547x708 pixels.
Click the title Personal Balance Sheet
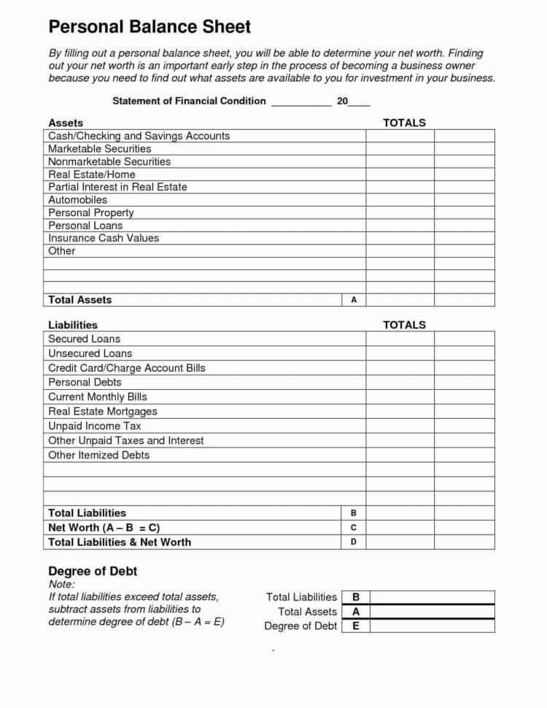150,28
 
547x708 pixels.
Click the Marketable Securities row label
100,149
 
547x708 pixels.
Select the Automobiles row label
77,200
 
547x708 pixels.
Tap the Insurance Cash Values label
103,238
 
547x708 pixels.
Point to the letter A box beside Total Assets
354,300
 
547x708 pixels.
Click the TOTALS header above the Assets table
404,123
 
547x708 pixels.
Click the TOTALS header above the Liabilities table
404,325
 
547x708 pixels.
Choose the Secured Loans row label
84,339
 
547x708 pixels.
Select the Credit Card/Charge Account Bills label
127,368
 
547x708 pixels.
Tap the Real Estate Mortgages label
103,412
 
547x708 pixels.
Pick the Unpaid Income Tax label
95,426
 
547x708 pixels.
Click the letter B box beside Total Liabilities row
354,513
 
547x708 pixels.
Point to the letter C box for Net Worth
354,528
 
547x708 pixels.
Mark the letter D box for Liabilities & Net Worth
354,542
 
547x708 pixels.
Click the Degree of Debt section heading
93,571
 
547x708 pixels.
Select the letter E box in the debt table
356,626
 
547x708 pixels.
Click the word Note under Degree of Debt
61,585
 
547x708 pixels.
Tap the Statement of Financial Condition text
189,101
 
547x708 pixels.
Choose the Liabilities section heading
73,325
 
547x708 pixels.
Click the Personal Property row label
91,212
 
